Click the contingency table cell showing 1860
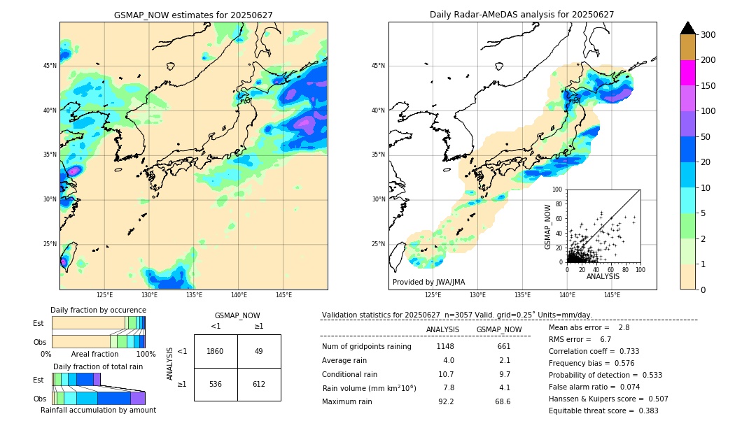pyautogui.click(x=216, y=351)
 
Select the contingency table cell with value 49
pyautogui.click(x=259, y=351)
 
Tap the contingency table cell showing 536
pyautogui.click(x=216, y=384)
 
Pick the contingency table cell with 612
pyautogui.click(x=259, y=384)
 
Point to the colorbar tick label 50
pyautogui.click(x=708, y=137)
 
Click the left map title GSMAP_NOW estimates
pyautogui.click(x=193, y=15)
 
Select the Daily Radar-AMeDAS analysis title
pyautogui.click(x=521, y=15)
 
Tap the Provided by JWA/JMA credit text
pyautogui.click(x=428, y=283)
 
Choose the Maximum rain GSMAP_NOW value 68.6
pyautogui.click(x=502, y=402)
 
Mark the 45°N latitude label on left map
pyautogui.click(x=50, y=66)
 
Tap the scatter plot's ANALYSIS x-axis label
pyautogui.click(x=603, y=277)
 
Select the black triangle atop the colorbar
pyautogui.click(x=688, y=28)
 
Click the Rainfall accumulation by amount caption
pyautogui.click(x=98, y=411)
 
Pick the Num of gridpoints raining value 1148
pyautogui.click(x=445, y=347)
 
